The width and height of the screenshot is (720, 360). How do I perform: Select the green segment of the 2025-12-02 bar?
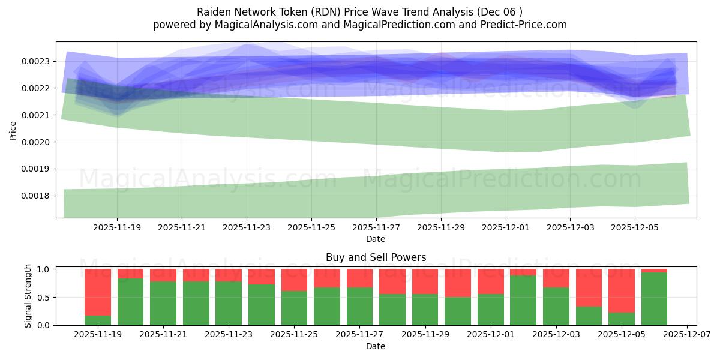coord(523,300)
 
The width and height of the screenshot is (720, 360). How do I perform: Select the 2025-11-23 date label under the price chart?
coord(247,228)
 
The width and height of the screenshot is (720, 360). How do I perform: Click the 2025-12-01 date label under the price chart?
coord(505,228)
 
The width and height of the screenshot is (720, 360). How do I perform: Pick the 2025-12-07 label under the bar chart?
coord(686,335)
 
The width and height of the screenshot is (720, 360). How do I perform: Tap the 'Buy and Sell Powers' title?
coord(376,257)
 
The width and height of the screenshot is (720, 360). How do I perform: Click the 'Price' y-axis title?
coord(13,130)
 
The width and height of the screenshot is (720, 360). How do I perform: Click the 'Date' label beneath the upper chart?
coord(376,239)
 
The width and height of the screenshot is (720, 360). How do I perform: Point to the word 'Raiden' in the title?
coord(212,12)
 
